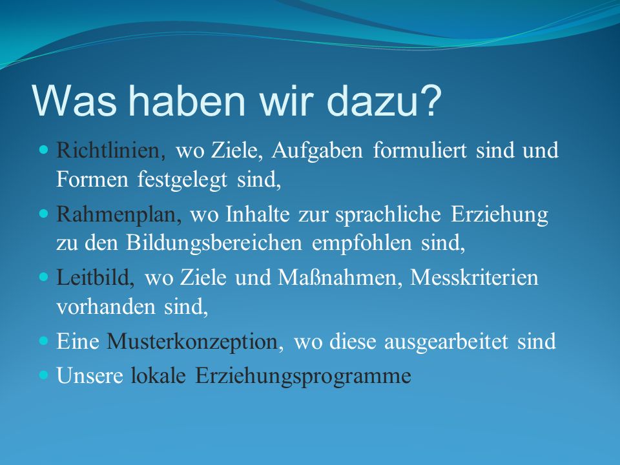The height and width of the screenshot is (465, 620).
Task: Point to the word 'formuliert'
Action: point(420,150)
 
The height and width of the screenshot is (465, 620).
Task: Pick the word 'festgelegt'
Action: point(182,181)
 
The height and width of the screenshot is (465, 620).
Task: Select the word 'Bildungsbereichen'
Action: point(214,243)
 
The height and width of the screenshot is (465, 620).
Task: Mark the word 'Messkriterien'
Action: point(475,278)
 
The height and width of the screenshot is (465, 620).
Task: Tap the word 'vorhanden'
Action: point(105,307)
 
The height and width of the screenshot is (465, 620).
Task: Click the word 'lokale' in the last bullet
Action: point(158,375)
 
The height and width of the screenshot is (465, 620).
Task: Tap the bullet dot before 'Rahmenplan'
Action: point(43,214)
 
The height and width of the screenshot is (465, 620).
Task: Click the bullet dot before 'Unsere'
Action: point(43,375)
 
